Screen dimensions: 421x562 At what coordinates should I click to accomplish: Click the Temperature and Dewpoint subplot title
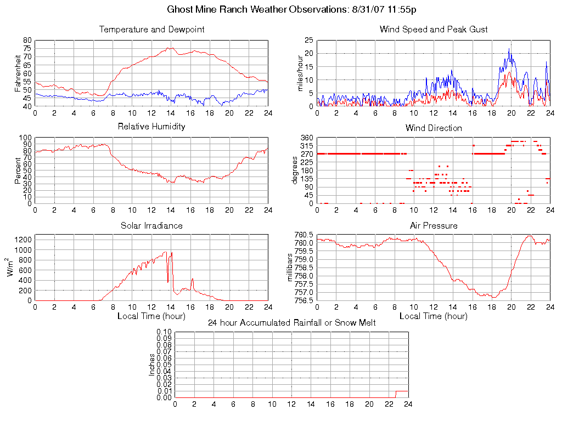tap(151, 30)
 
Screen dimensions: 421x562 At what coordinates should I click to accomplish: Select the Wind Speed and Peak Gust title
tap(434, 30)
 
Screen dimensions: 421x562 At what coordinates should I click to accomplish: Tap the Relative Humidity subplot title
tap(151, 127)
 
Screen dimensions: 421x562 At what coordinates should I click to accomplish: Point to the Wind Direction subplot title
tap(434, 128)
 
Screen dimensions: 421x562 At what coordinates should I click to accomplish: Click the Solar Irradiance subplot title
tap(151, 226)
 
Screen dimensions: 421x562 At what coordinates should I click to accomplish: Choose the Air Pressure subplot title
tap(434, 226)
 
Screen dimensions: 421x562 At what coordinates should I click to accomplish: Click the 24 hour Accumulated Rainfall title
tap(291, 323)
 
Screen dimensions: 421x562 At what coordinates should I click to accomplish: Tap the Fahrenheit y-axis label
tap(19, 73)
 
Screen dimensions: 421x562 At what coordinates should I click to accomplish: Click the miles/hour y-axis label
tap(300, 73)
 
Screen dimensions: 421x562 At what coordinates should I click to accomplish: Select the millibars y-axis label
tap(291, 268)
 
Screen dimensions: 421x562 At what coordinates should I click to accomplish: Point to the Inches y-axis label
tap(152, 365)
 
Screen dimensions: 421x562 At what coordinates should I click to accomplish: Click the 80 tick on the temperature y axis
tap(27, 41)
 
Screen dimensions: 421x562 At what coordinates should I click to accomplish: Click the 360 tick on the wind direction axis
tap(306, 138)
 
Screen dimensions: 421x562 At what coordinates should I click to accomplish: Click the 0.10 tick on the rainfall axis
tap(164, 332)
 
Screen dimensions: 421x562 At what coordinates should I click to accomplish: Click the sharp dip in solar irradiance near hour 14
tap(168, 282)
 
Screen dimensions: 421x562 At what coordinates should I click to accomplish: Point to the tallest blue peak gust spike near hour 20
tap(509, 49)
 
